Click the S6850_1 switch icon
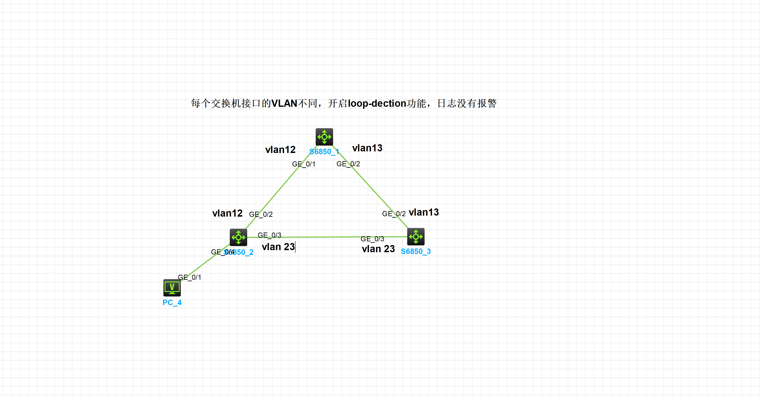[324, 137]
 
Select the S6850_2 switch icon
[238, 237]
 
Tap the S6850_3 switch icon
[416, 237]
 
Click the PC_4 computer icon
[172, 288]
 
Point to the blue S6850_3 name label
[416, 252]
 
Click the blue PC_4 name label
[172, 303]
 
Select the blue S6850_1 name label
[324, 152]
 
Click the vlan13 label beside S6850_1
[367, 148]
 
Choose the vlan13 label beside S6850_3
[424, 212]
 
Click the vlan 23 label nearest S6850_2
[278, 247]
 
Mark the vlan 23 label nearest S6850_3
[378, 249]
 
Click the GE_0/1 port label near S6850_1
[304, 164]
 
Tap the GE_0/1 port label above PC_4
[189, 277]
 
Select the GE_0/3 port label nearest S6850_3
[372, 239]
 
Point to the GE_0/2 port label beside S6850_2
[261, 214]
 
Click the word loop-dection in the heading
[377, 103]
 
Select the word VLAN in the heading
[284, 103]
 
